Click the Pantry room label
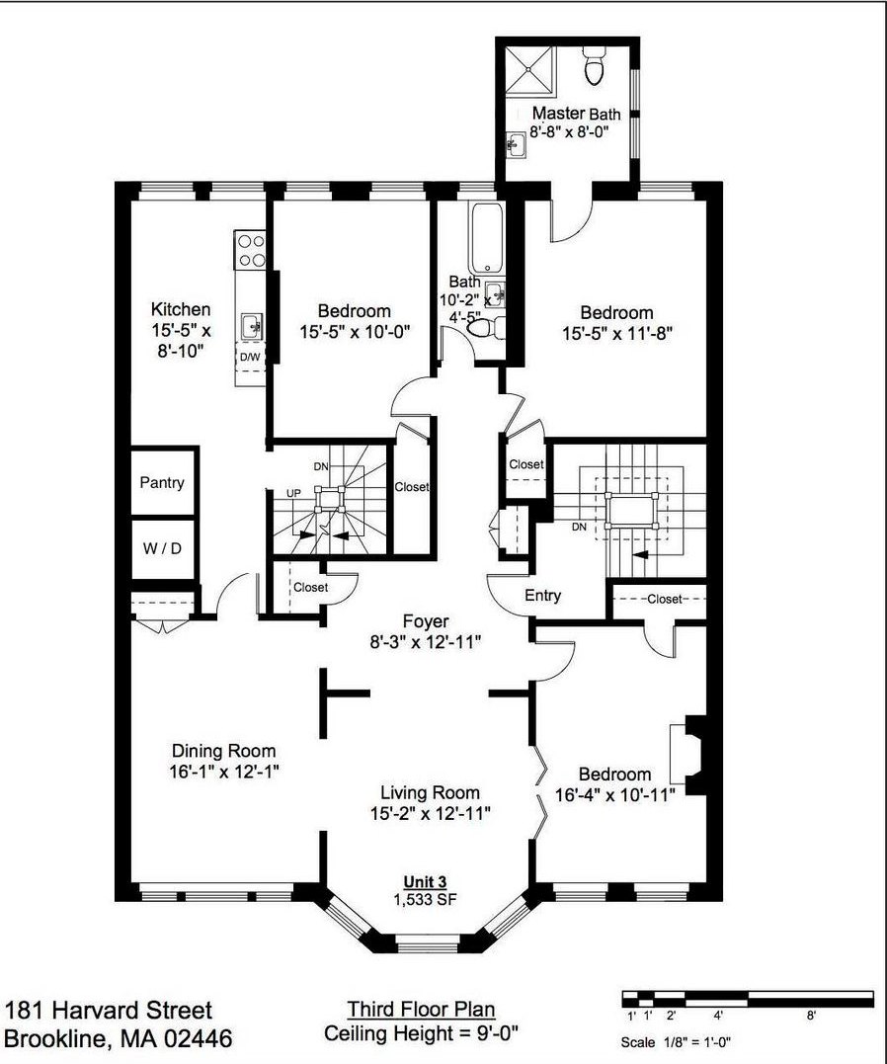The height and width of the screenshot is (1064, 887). tap(162, 482)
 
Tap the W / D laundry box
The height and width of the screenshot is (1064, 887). tap(162, 548)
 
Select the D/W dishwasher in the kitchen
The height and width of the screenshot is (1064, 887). tap(249, 358)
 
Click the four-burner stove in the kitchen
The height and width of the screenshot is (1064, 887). tap(250, 250)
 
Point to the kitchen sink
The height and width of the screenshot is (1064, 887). tap(252, 325)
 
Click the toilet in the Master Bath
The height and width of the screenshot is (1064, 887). tap(594, 65)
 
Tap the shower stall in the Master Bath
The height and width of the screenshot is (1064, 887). tap(531, 68)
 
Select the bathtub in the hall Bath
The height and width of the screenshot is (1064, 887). tap(485, 237)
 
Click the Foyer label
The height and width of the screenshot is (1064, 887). tap(426, 620)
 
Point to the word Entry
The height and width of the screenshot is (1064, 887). tap(542, 595)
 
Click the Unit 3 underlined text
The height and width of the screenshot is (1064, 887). tap(425, 882)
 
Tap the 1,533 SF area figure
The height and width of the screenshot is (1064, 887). tap(425, 900)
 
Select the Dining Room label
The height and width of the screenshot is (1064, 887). tap(224, 751)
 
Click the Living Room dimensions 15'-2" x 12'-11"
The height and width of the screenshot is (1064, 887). tap(431, 813)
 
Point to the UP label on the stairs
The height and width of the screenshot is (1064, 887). tap(293, 493)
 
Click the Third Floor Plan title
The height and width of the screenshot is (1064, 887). tap(421, 1009)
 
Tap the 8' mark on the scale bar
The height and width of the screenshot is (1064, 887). tap(811, 1016)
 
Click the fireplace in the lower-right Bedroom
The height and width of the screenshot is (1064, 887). tap(688, 753)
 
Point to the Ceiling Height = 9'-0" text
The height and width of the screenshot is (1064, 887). tap(422, 1033)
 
